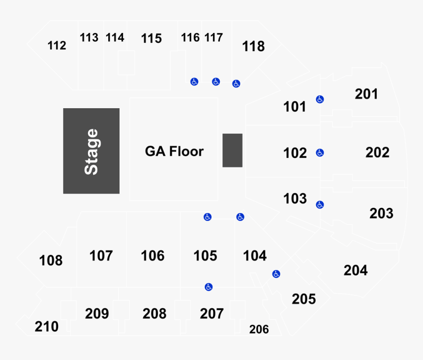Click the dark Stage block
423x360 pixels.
pyautogui.click(x=91, y=151)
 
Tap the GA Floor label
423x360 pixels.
pyautogui.click(x=174, y=151)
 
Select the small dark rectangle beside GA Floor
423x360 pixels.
pyautogui.click(x=232, y=150)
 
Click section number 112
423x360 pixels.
pyautogui.click(x=57, y=45)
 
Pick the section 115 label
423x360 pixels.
pyautogui.click(x=151, y=38)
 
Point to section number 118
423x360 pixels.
pyautogui.click(x=253, y=46)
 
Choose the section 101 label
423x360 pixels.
pyautogui.click(x=295, y=107)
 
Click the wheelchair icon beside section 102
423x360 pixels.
pyautogui.click(x=320, y=153)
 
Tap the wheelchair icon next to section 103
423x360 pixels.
pyautogui.click(x=320, y=205)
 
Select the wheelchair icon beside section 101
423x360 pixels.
pyautogui.click(x=320, y=99)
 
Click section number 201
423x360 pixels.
pyautogui.click(x=366, y=94)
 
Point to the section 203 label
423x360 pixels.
pyautogui.click(x=381, y=213)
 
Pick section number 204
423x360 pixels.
pyautogui.click(x=356, y=270)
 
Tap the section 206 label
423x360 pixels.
pyautogui.click(x=259, y=329)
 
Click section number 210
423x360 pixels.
pyautogui.click(x=46, y=327)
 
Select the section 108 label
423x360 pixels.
pyautogui.click(x=51, y=261)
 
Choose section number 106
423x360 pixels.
pyautogui.click(x=152, y=256)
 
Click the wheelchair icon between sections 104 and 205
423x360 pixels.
pyautogui.click(x=276, y=274)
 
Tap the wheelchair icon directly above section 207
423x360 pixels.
pyautogui.click(x=209, y=287)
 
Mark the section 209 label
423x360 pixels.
pyautogui.click(x=97, y=314)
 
